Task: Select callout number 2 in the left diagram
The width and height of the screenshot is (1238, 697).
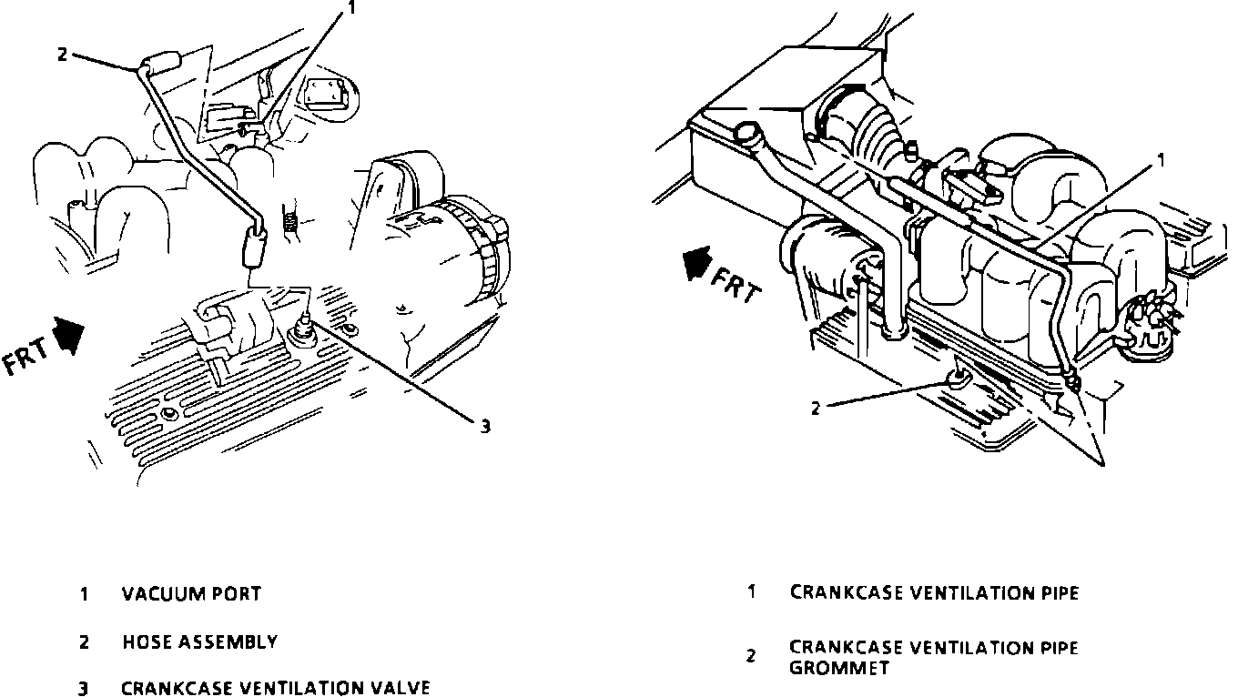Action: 62,54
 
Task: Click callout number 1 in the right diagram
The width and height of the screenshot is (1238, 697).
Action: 1161,160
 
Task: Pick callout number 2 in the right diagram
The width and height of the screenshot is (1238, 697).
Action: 817,409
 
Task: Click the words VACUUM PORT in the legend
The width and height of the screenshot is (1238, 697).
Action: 191,594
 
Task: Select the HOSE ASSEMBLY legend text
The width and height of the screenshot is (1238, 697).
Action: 199,642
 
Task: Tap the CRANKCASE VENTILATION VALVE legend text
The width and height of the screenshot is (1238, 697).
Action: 275,688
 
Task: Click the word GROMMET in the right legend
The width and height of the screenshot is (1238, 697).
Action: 838,668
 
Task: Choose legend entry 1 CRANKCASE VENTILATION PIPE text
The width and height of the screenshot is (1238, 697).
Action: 934,592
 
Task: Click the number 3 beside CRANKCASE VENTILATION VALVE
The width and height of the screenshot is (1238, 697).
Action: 83,688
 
